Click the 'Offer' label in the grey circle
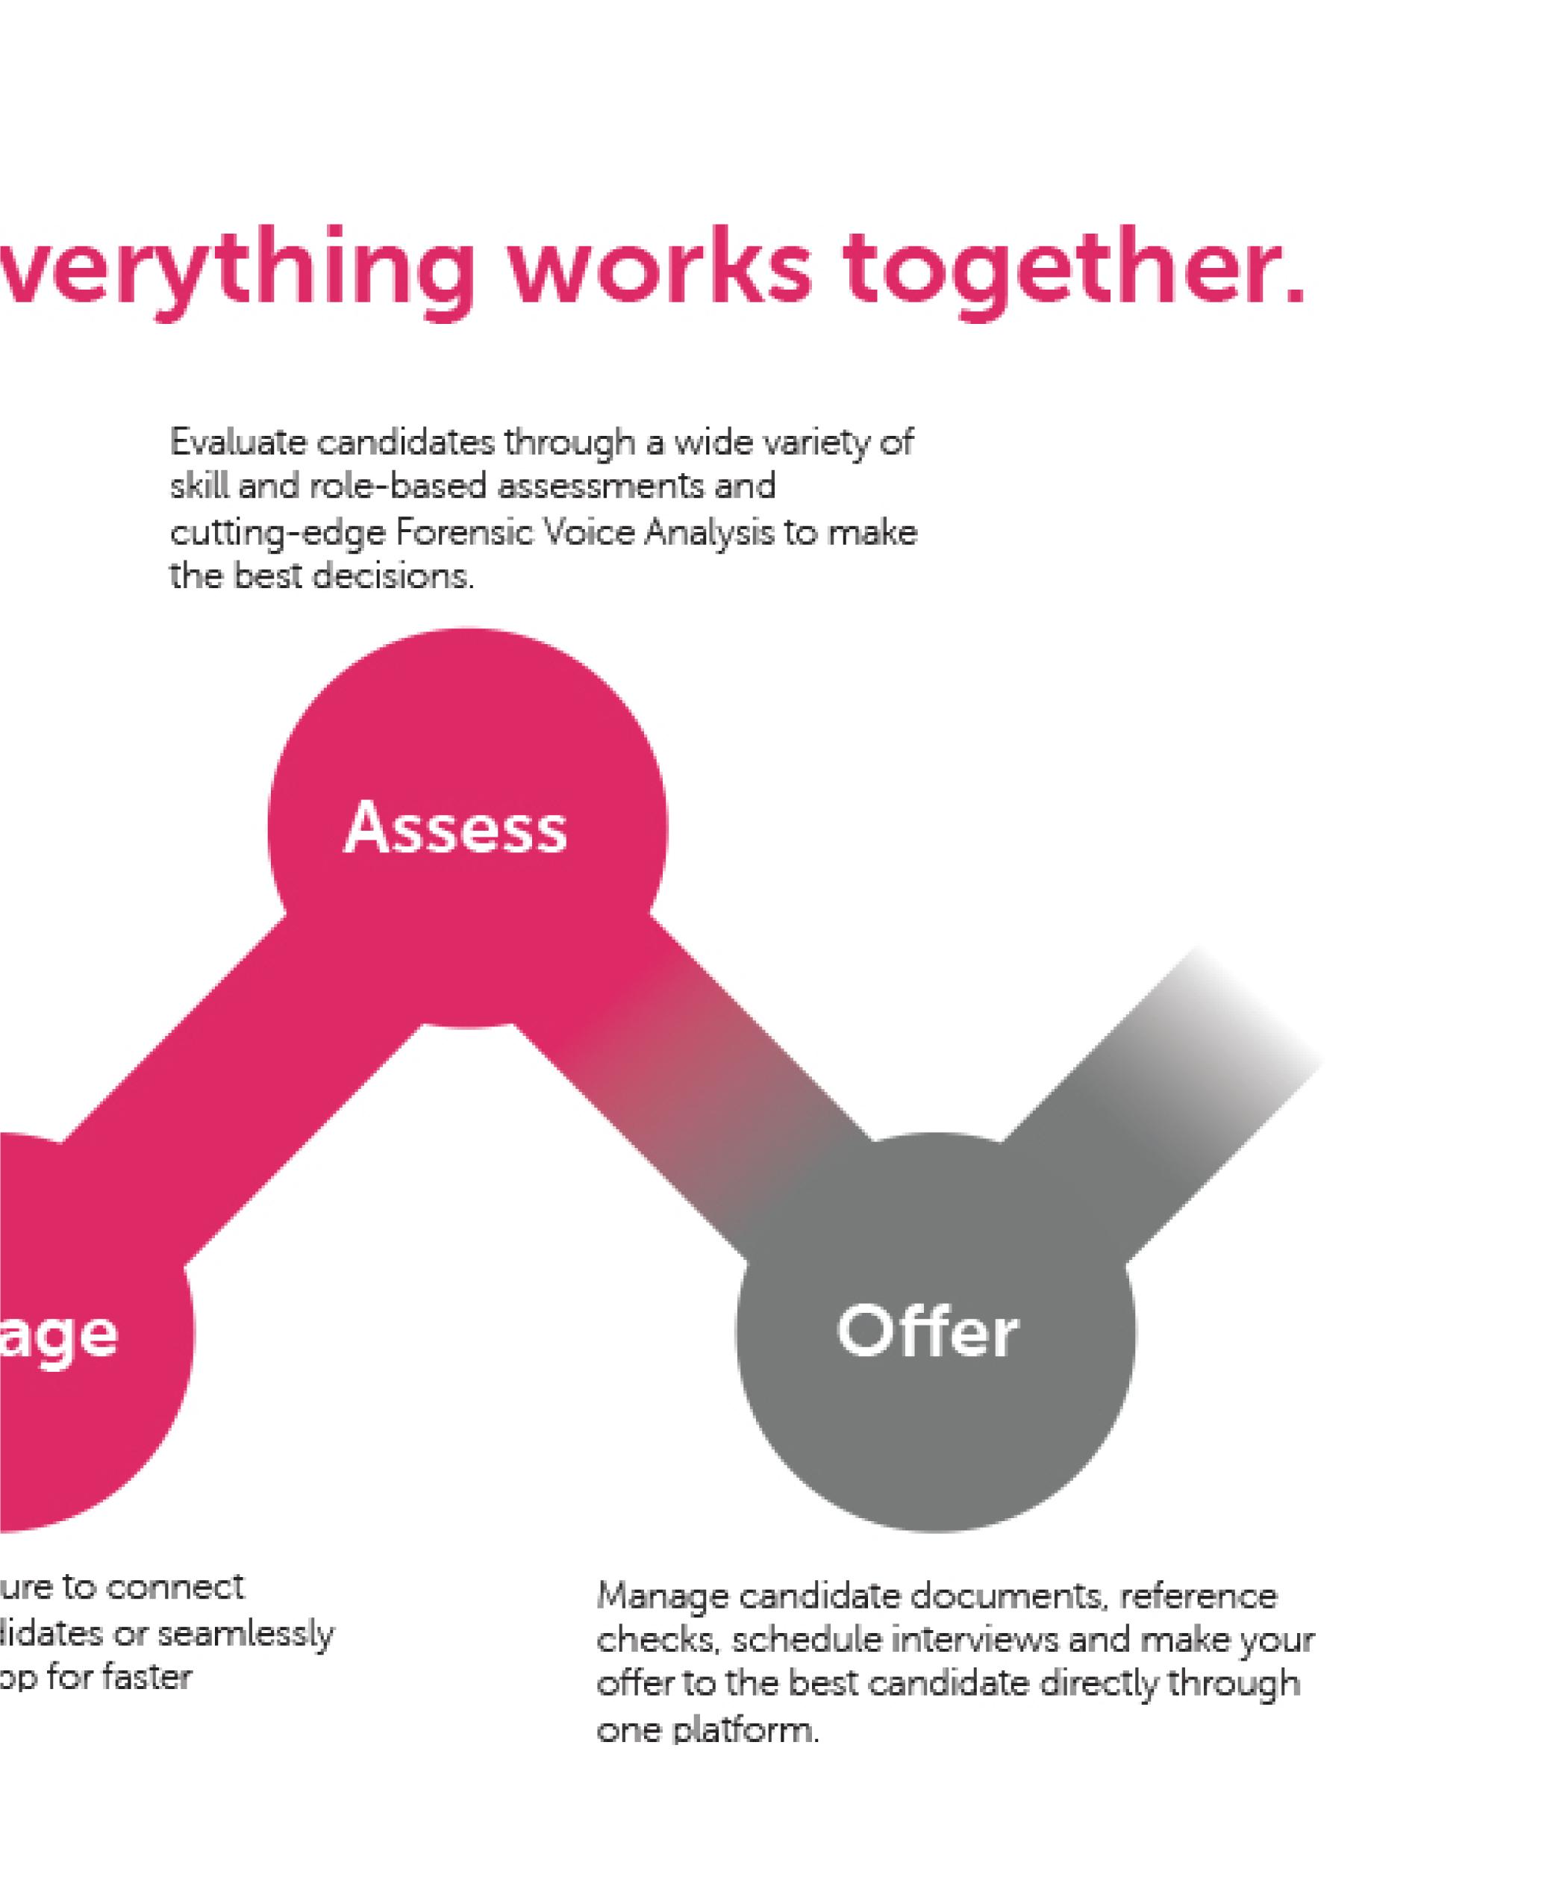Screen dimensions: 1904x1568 [x=928, y=1332]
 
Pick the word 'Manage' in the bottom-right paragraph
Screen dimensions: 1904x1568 [x=662, y=1598]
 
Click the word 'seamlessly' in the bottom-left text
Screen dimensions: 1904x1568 [x=246, y=1634]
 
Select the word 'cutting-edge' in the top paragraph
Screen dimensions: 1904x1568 [x=278, y=534]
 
